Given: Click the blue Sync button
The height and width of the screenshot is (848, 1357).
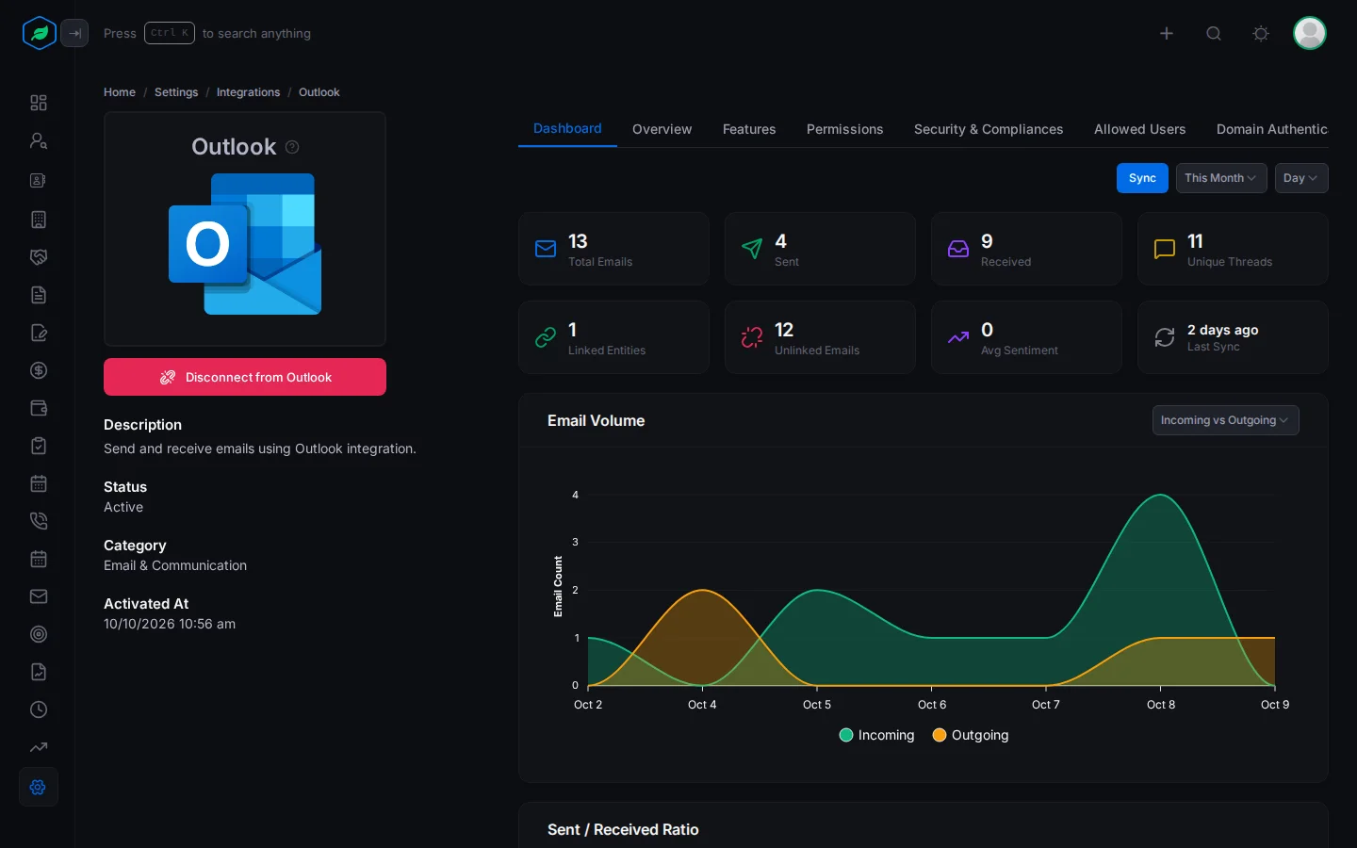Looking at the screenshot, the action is (x=1142, y=178).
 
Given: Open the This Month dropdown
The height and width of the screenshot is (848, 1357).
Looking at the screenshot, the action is (x=1220, y=178).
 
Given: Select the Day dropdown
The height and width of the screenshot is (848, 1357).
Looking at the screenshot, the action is (x=1300, y=178).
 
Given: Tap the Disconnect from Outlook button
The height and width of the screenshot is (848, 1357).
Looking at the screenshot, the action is (x=245, y=377).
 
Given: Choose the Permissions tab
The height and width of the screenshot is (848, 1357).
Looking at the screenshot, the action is (x=844, y=129).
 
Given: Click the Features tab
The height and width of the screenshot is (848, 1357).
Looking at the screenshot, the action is (x=749, y=129).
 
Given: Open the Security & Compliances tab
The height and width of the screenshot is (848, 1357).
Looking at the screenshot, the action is (x=988, y=129).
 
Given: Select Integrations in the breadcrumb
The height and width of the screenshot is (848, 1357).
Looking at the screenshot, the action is (x=248, y=92).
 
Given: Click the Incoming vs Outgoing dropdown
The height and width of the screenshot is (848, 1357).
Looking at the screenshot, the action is (x=1225, y=420).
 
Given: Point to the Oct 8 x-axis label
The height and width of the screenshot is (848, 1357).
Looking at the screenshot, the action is (x=1160, y=705).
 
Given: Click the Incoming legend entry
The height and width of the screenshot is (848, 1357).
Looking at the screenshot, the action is (x=876, y=735).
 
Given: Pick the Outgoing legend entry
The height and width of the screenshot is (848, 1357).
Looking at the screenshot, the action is (x=970, y=735).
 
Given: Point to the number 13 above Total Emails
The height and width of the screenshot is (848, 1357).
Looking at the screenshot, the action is (x=578, y=241).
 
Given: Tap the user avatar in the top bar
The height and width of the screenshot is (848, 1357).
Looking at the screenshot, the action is (x=1309, y=33).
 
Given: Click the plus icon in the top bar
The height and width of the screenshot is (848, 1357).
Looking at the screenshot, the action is (x=1167, y=33).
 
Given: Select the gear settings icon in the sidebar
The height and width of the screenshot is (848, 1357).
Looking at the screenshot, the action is (x=38, y=787).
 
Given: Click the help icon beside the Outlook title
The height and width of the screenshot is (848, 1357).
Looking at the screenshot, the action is (x=292, y=147).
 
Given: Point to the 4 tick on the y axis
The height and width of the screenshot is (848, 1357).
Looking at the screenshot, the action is (x=575, y=495).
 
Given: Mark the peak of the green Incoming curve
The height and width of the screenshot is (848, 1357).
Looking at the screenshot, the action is (x=1160, y=495).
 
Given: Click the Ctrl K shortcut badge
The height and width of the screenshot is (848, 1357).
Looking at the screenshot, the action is (x=169, y=33).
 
